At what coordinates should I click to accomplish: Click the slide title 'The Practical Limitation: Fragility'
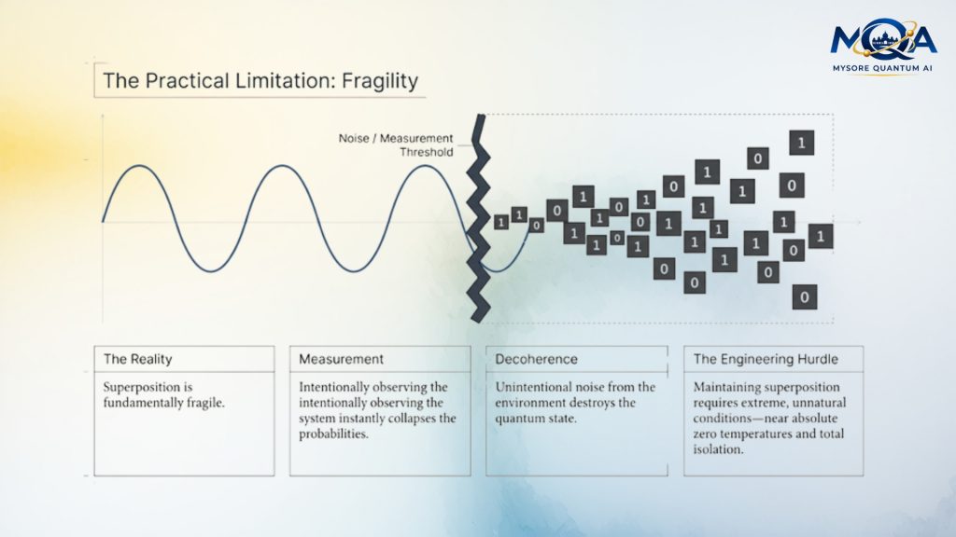(260, 80)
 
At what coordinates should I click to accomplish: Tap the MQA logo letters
(883, 40)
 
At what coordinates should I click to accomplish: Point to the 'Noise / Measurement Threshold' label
(396, 145)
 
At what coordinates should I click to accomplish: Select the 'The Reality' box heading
(138, 359)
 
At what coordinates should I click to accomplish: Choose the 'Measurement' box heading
(341, 359)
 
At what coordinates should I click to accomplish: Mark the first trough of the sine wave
(213, 271)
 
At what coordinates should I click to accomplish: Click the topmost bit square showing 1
(801, 143)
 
